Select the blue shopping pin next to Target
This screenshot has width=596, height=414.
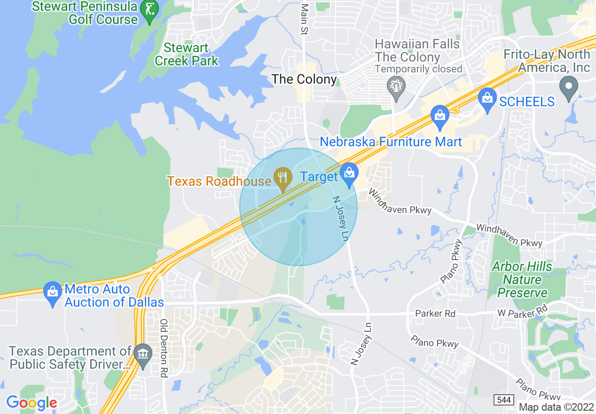point(349,174)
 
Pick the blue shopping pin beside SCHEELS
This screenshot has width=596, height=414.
point(487,99)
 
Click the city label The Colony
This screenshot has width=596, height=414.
point(305,79)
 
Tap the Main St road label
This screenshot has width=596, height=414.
point(305,20)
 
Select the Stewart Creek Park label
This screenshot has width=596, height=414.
point(187,54)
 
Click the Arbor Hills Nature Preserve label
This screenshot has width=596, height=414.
point(522,279)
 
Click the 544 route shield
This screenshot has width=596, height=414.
point(503,399)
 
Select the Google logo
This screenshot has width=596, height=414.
point(31,403)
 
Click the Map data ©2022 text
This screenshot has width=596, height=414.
point(557,407)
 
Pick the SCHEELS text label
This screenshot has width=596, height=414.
point(527,101)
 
